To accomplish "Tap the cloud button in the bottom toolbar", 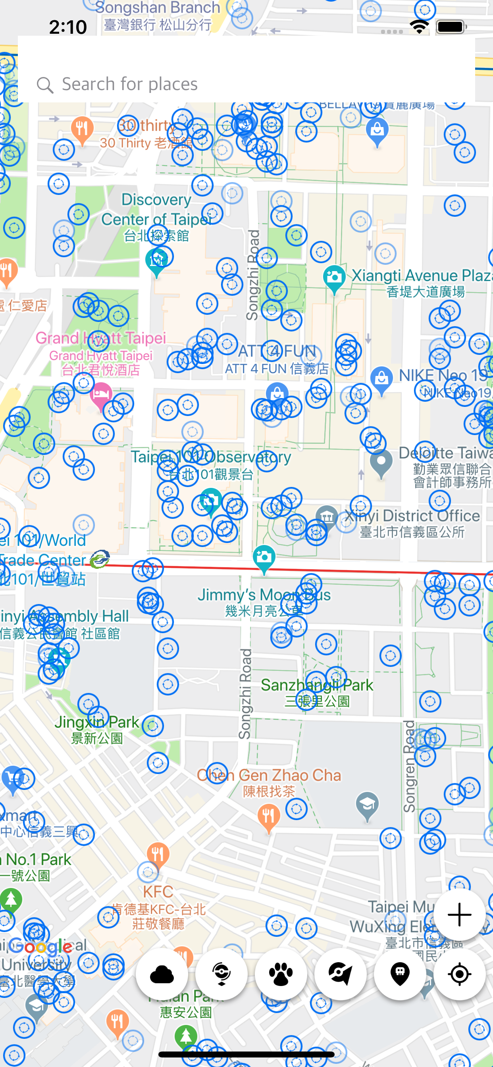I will [x=162, y=974].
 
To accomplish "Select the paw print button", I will [x=281, y=974].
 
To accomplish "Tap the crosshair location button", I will [x=459, y=974].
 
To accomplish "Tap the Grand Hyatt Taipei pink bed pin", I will [x=101, y=394].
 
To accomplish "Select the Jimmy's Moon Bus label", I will [x=264, y=595].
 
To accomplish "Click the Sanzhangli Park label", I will [x=317, y=686].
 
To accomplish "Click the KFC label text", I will [x=158, y=892].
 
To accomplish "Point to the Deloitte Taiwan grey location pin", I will [x=381, y=462].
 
